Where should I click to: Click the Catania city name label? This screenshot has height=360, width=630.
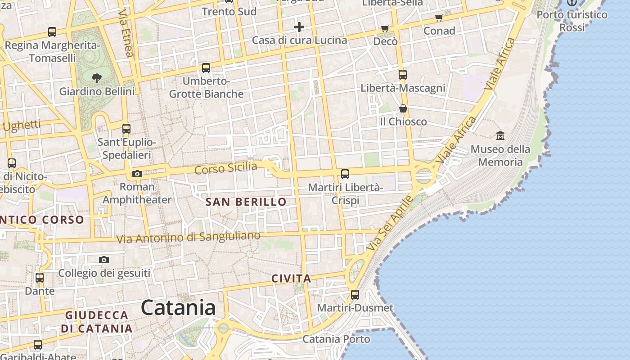click(x=178, y=308)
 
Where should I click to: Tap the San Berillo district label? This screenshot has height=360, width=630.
click(x=246, y=202)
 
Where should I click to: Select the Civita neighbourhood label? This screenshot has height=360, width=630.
click(x=291, y=279)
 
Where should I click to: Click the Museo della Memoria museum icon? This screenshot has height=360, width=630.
click(x=500, y=135)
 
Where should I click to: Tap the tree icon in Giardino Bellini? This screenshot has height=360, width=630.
click(x=96, y=78)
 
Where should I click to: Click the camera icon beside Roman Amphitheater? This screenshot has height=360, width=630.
click(x=137, y=174)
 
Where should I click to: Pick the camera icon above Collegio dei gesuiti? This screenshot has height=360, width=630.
click(x=104, y=260)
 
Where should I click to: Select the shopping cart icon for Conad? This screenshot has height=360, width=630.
click(x=439, y=18)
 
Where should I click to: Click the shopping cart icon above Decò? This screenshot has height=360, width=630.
click(x=385, y=29)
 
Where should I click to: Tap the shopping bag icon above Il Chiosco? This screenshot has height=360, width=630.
click(x=403, y=108)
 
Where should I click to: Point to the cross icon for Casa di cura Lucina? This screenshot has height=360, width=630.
click(x=299, y=27)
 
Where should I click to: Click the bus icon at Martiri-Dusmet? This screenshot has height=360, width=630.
click(x=355, y=295)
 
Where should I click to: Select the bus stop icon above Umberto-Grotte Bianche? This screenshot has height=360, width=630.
click(x=206, y=68)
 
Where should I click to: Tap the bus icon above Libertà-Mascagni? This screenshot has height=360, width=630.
click(x=403, y=74)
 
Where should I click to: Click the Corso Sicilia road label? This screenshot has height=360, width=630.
click(x=226, y=168)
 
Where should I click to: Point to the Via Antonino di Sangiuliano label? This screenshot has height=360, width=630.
click(x=189, y=237)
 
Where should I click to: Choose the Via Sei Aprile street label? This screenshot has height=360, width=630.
click(x=389, y=224)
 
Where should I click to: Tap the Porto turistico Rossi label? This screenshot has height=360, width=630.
click(x=572, y=21)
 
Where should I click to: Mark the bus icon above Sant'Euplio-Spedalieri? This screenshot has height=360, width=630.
click(x=126, y=129)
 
